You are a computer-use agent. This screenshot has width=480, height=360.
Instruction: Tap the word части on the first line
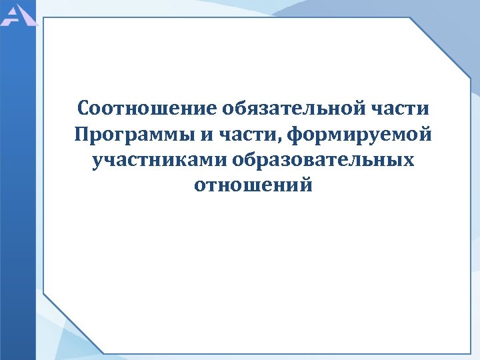tap(402, 108)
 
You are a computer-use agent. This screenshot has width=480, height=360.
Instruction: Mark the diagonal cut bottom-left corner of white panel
tap(73, 323)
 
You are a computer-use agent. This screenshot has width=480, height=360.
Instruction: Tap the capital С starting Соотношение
tap(83, 108)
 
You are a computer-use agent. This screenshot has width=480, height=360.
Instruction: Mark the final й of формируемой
tap(425, 133)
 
